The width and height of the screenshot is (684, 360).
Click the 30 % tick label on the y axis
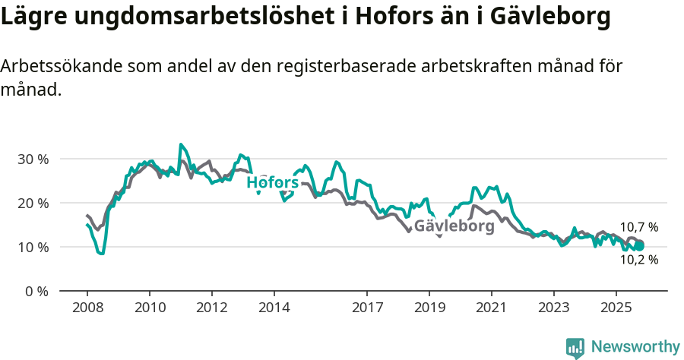(x=33, y=159)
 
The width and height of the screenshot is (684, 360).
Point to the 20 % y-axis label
(x=33, y=204)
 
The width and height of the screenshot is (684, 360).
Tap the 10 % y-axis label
(x=33, y=248)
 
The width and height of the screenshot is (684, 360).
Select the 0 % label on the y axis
(x=36, y=292)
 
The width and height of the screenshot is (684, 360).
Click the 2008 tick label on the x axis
(x=87, y=309)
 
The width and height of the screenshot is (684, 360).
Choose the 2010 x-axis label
(x=149, y=309)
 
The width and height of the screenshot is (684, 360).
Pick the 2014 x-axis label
(x=274, y=309)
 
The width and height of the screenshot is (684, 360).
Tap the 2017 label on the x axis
(x=367, y=309)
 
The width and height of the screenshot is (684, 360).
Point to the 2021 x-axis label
(x=491, y=309)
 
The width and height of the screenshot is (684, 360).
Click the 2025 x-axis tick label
(x=616, y=309)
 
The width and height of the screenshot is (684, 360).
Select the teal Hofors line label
(x=272, y=183)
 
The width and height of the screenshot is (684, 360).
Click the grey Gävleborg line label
(x=454, y=226)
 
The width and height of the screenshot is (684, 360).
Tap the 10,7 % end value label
(x=638, y=227)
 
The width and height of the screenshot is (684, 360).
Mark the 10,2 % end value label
(x=638, y=260)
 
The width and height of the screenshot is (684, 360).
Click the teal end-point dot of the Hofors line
(x=640, y=246)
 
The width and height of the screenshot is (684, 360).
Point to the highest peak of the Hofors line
(x=181, y=144)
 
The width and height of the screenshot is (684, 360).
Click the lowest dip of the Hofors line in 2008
(x=101, y=254)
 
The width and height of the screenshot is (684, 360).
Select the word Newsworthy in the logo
(x=635, y=347)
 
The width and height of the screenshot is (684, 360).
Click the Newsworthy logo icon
(x=575, y=348)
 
